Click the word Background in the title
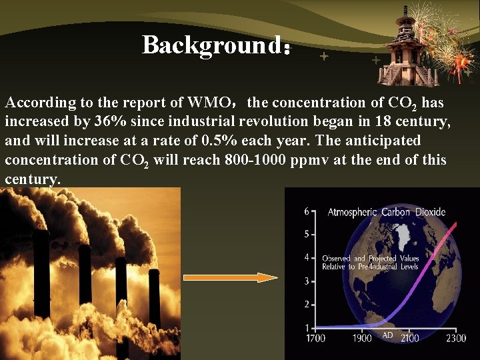[212, 45]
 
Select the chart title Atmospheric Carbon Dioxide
[386, 212]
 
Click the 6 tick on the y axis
[307, 211]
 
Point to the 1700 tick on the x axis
[315, 338]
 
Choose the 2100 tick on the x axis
[409, 338]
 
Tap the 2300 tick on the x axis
[456, 338]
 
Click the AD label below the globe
[387, 335]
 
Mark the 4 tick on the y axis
[307, 257]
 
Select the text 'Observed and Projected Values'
[371, 258]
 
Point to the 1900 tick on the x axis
[363, 338]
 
